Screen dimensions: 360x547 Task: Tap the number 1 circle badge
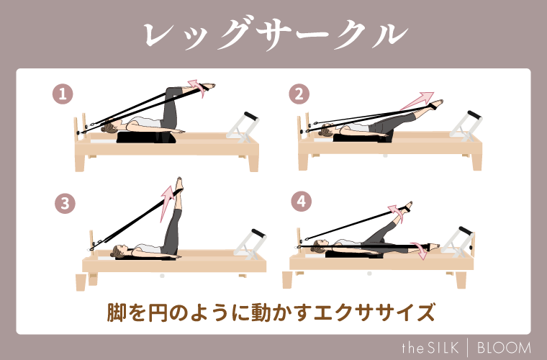65,93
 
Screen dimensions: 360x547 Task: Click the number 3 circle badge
65,204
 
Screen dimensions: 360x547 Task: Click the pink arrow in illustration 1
192,85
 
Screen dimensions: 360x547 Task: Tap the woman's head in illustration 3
117,251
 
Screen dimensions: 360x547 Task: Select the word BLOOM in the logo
503,346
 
